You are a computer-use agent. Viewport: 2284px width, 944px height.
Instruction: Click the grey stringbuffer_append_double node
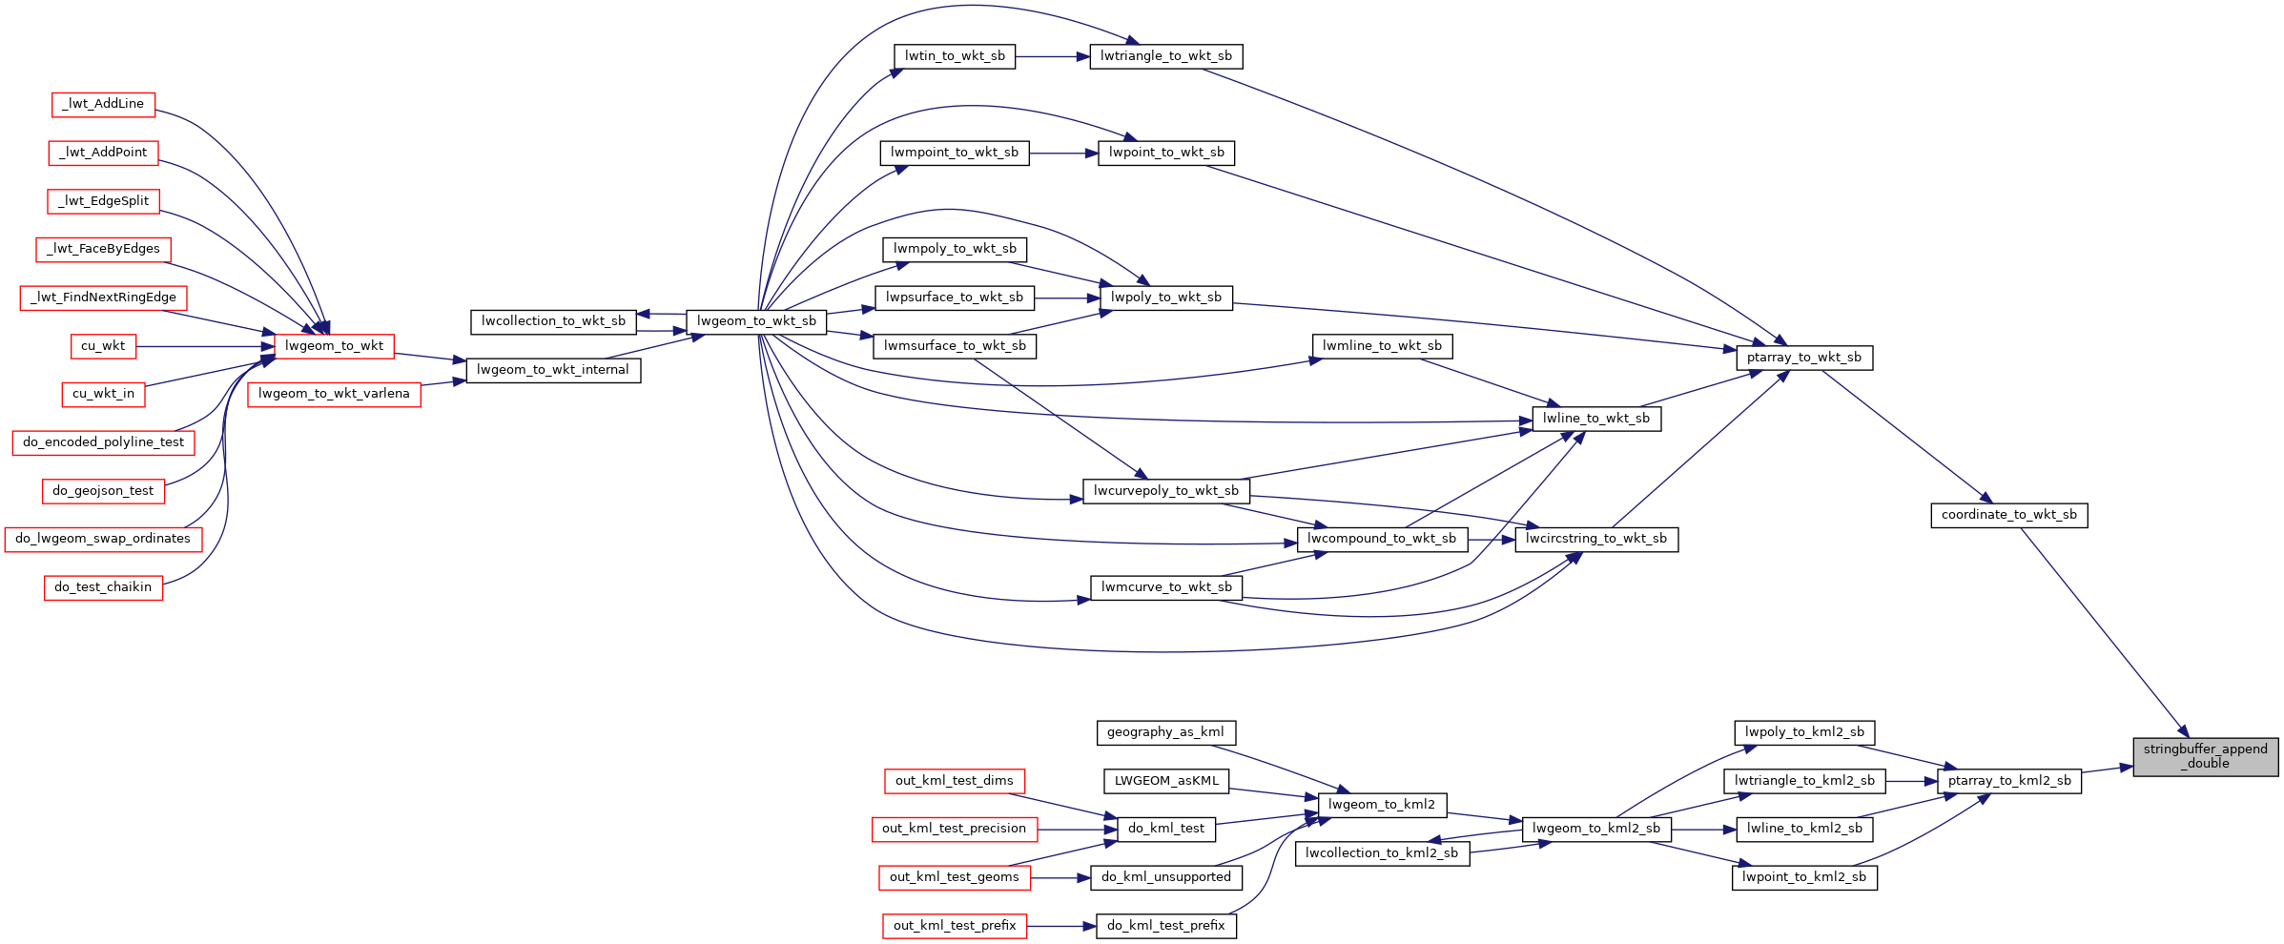pos(2205,756)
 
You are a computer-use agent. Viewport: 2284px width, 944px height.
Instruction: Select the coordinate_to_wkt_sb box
pos(2008,515)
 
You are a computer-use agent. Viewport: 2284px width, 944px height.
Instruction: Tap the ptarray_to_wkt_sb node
pos(1803,358)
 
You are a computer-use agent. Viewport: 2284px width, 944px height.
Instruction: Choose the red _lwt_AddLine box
pos(103,104)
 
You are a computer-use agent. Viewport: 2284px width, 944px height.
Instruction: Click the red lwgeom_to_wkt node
pos(334,346)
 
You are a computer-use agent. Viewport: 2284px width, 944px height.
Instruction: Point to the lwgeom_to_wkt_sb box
pos(756,321)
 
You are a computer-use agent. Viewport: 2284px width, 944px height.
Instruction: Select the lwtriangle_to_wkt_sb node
pos(1165,56)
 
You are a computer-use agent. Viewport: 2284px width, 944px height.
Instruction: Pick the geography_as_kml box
pos(1165,732)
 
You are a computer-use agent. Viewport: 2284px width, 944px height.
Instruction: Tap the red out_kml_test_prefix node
pos(955,926)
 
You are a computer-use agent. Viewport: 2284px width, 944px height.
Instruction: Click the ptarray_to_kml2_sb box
pos(2009,781)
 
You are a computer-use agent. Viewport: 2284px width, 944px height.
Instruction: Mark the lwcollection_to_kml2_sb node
pos(1382,853)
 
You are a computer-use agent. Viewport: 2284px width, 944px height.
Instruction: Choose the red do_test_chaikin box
pos(103,587)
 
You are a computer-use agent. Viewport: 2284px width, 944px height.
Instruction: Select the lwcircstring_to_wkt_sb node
pos(1595,539)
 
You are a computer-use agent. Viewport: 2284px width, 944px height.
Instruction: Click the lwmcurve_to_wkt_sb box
pos(1166,587)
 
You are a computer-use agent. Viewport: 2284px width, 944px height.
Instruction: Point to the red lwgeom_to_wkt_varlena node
pos(334,394)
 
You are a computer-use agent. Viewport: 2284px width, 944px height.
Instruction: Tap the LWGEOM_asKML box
pos(1166,781)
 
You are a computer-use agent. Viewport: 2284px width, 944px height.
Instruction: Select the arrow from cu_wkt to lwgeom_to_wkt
pos(205,346)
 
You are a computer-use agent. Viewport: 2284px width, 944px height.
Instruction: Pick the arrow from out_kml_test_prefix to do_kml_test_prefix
pos(1060,926)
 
